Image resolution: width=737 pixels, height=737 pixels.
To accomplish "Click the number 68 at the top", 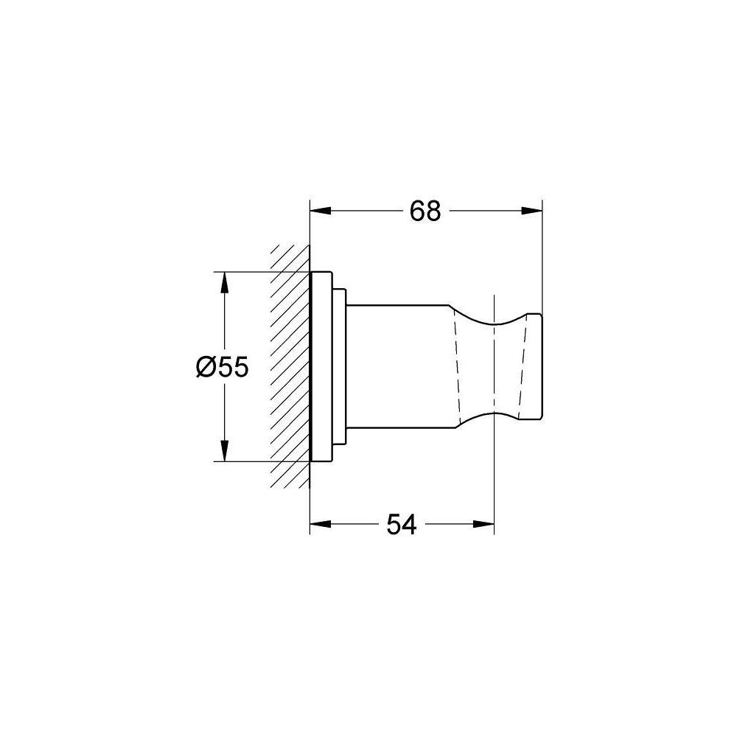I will [425, 212].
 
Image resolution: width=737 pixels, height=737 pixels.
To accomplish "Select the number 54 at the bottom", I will [401, 525].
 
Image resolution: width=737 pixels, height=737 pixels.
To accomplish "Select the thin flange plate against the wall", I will [321, 367].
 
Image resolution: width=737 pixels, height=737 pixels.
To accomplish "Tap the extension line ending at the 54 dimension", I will [493, 486].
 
